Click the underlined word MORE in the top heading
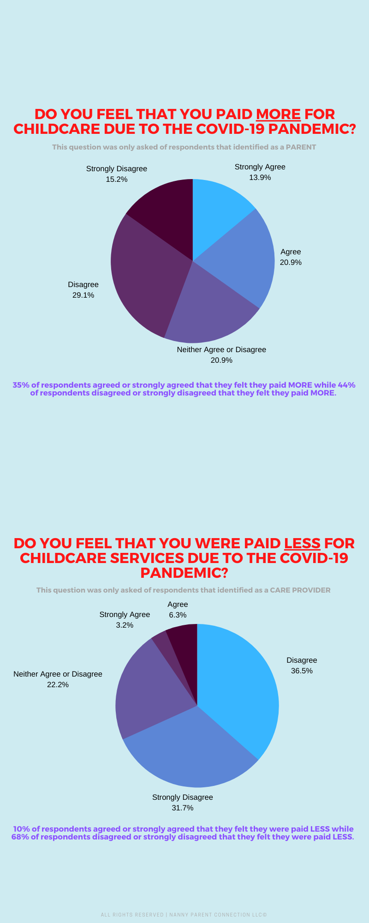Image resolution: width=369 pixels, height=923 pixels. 278,114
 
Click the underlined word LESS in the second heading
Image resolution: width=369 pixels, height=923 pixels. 302,543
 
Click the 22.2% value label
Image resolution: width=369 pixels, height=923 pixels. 58,685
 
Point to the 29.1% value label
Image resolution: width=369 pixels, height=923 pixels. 83,295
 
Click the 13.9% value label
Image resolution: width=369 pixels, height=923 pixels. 260,178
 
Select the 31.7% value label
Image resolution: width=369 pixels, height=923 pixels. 182,808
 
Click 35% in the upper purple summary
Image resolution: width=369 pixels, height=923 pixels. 20,385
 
